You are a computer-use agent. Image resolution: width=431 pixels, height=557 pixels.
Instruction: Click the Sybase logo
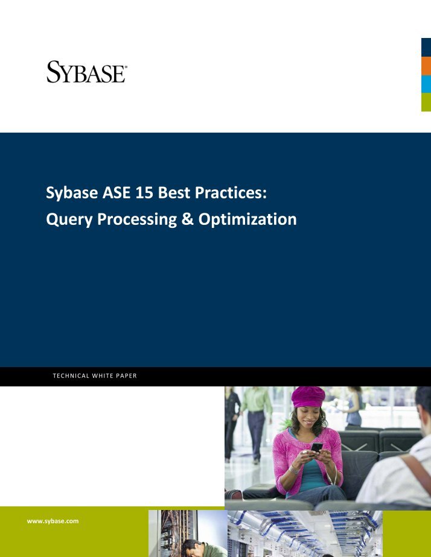click(86, 71)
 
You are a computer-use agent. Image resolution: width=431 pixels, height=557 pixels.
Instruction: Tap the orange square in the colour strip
click(426, 66)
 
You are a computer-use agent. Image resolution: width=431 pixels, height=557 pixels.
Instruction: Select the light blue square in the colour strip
click(426, 84)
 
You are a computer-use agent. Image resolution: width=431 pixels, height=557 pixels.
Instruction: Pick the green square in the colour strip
click(426, 102)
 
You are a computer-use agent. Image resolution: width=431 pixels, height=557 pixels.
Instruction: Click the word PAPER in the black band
click(126, 376)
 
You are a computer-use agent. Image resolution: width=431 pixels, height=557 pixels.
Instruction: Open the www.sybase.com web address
click(53, 520)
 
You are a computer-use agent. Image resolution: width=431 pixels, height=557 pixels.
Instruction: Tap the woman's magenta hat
click(308, 396)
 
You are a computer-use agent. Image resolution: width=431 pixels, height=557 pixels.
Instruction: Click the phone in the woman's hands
click(316, 447)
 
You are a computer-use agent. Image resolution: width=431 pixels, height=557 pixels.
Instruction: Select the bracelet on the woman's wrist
click(295, 468)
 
